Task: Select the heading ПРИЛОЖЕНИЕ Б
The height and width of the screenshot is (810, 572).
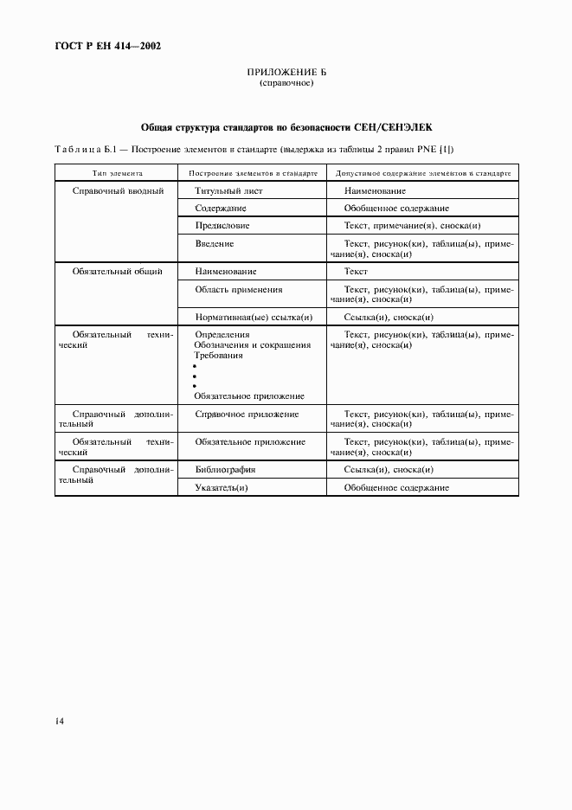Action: [286, 74]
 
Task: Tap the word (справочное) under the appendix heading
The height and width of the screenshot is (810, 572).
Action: [286, 84]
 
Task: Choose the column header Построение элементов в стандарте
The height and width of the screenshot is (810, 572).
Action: [250, 173]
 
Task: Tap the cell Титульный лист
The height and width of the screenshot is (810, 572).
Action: [228, 190]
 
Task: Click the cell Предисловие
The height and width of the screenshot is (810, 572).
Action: [222, 225]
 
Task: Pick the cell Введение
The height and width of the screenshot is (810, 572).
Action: [215, 243]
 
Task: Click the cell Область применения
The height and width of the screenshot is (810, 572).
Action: [239, 290]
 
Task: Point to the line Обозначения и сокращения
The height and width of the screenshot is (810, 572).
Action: [253, 344]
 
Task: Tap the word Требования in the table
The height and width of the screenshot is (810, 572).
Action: [219, 355]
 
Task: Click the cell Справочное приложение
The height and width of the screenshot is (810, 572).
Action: [247, 415]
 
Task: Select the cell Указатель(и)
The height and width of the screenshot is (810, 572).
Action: [222, 488]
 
